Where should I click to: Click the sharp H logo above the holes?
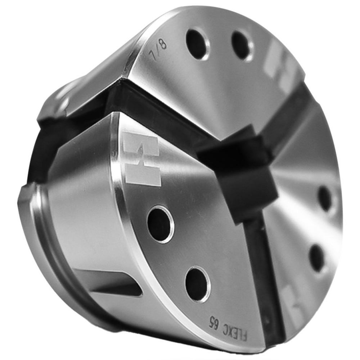coord(140,158)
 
